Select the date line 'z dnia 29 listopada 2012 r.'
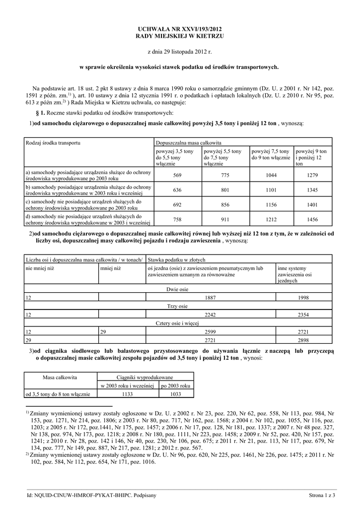point(180,51)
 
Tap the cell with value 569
point(177,175)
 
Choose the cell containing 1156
point(270,204)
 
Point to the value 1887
point(211,297)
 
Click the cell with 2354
point(303,314)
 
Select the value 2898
point(303,340)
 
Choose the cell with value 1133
point(128,394)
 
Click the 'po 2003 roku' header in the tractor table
point(176,385)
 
